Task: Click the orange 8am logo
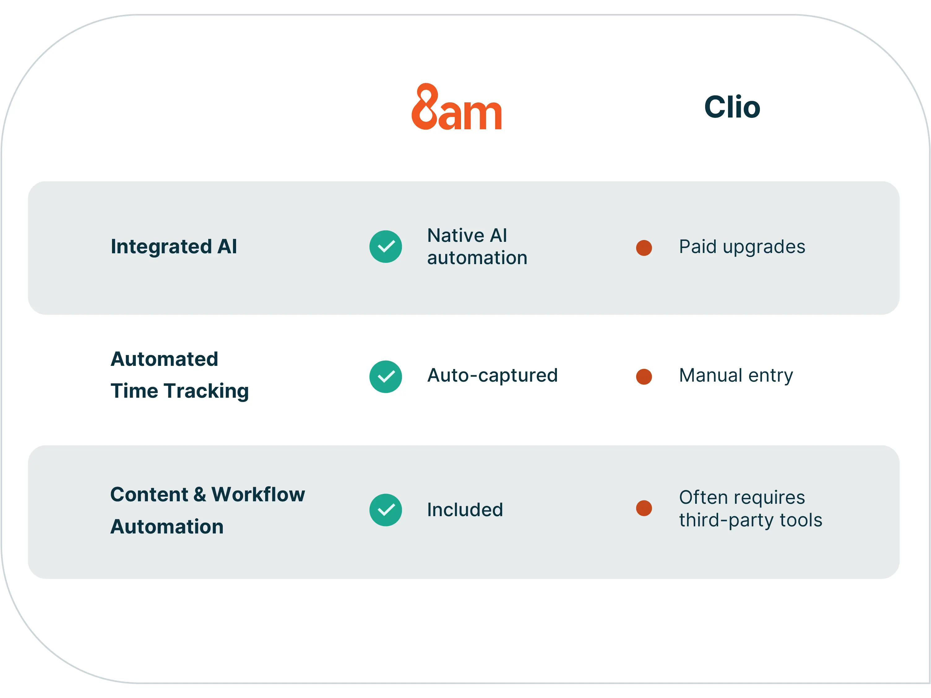tap(457, 107)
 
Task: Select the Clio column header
tap(732, 107)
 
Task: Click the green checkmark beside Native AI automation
tap(386, 246)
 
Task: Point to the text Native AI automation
tap(477, 246)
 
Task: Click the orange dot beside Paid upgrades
tap(644, 248)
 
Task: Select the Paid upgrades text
tap(742, 247)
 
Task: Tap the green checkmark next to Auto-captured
tap(386, 377)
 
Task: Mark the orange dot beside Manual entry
tap(644, 377)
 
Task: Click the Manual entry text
tap(736, 375)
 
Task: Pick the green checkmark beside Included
tap(386, 510)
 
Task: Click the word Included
tap(465, 510)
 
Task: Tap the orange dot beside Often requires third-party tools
tap(644, 508)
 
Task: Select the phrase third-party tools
tap(750, 520)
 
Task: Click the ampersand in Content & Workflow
tap(200, 495)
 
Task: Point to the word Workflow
tap(258, 495)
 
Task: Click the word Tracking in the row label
tap(207, 391)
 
